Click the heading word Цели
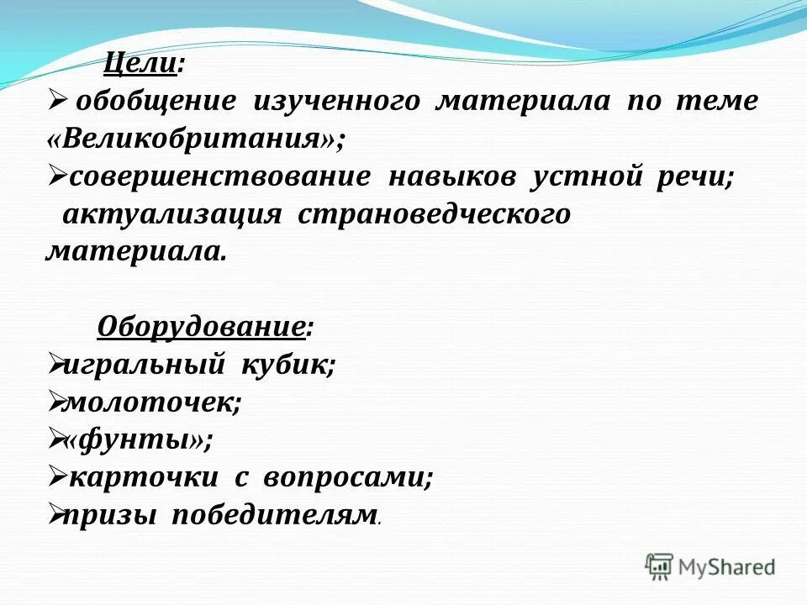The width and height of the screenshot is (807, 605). [x=140, y=63]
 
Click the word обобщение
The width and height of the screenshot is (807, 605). [x=156, y=102]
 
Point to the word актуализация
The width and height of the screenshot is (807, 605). [x=172, y=215]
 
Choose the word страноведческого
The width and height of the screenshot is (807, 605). [x=434, y=215]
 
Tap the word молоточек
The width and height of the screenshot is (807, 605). [x=151, y=402]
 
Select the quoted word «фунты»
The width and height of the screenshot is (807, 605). [x=139, y=439]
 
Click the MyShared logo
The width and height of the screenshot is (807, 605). [x=710, y=566]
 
